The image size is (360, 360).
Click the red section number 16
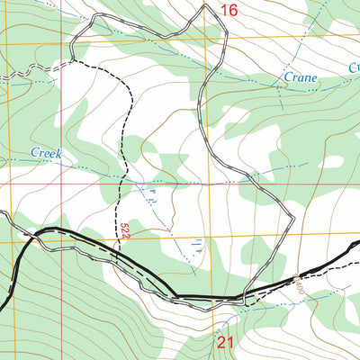point(229,11)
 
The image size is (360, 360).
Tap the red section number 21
point(225,342)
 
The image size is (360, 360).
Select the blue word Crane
point(301,78)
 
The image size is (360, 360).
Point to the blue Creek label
point(46,154)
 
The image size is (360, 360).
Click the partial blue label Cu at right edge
point(353,67)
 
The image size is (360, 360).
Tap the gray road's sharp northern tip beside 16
point(205,5)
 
